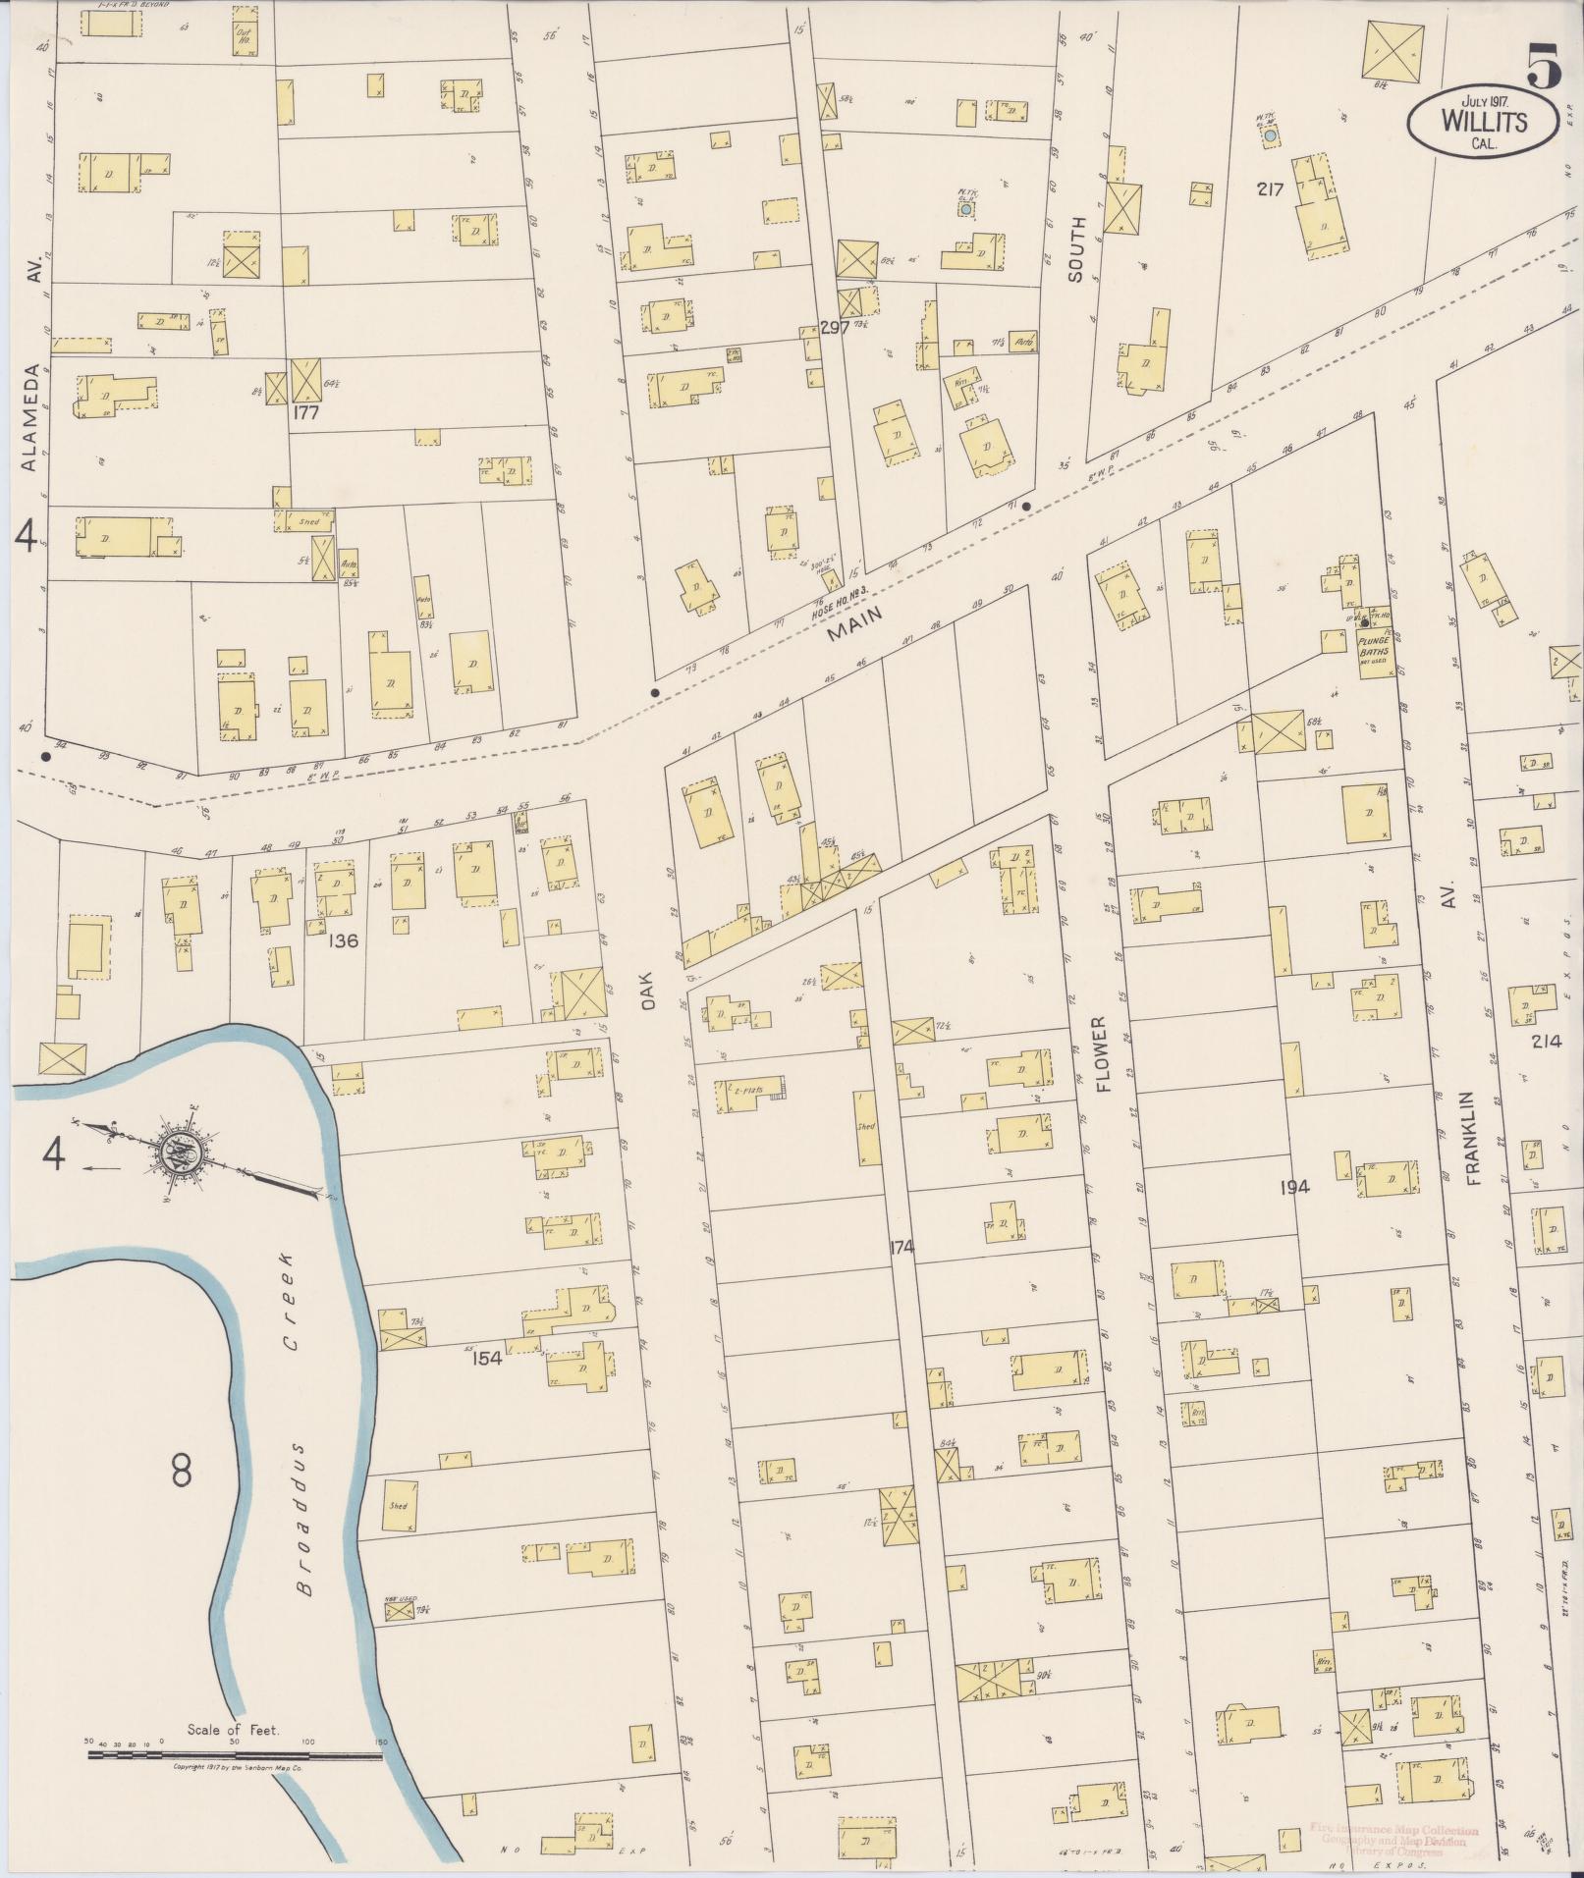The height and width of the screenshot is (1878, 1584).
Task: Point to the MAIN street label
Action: (854, 622)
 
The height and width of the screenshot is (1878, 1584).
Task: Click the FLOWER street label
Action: (1102, 1055)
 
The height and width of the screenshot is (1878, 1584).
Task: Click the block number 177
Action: (306, 413)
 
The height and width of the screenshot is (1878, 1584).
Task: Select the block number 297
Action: (835, 328)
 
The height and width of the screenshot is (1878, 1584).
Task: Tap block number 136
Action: (344, 940)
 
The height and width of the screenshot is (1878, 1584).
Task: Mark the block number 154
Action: (487, 1359)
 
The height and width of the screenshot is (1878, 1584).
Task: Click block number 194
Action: (1294, 1187)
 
